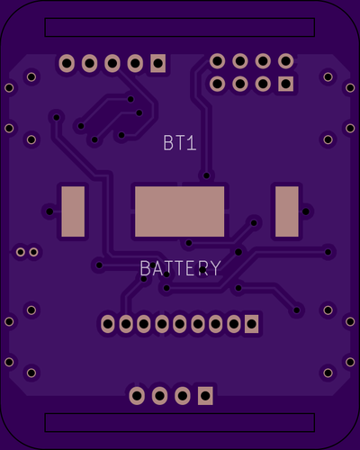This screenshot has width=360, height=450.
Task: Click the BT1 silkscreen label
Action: coord(180,143)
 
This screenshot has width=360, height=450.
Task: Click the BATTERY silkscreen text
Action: coord(180,268)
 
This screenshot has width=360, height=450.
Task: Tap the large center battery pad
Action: coord(179,211)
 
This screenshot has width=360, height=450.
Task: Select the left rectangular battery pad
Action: coord(73,211)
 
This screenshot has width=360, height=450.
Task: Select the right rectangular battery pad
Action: coord(287,211)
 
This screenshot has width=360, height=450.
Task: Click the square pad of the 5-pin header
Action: coord(157,63)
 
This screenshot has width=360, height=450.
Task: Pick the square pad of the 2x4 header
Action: coord(285,84)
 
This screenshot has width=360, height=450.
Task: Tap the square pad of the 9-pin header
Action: coord(251,324)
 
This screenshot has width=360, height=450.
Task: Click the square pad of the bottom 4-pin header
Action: coord(205,396)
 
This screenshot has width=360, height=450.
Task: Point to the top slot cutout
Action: coord(180,27)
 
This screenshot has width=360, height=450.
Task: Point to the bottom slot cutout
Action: coord(180,422)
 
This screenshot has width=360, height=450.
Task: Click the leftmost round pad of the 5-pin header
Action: coord(67,63)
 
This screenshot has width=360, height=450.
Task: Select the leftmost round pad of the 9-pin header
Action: coord(108,324)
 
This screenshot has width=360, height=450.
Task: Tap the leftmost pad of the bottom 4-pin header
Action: coord(137,396)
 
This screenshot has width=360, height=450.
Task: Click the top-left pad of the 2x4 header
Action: coord(217,61)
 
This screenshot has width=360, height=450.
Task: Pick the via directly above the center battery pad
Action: coord(206,175)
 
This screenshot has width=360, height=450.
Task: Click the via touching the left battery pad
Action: coord(49,211)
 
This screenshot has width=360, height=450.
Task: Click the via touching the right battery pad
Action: coord(306,211)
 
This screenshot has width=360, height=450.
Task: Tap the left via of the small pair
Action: coord(21,252)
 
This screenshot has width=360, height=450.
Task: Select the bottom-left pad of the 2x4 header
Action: coord(217,84)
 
